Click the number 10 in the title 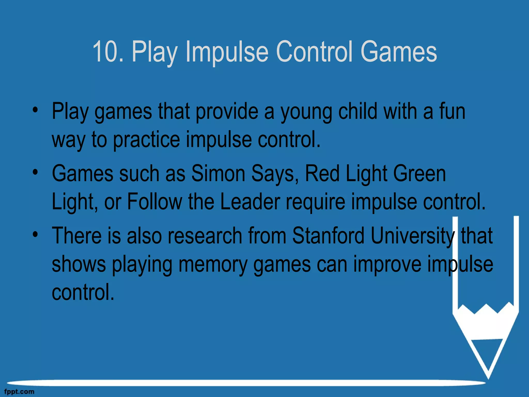click(x=104, y=51)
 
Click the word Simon click(x=218, y=173)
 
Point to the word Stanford click(x=328, y=235)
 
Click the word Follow click(x=155, y=201)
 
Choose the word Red click(x=322, y=173)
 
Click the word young click(x=306, y=112)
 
